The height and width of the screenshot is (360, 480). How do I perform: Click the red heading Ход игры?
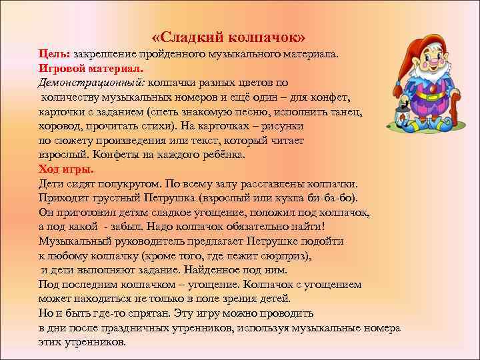pos(66,169)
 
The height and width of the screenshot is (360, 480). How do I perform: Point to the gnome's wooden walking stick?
pos(456,113)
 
